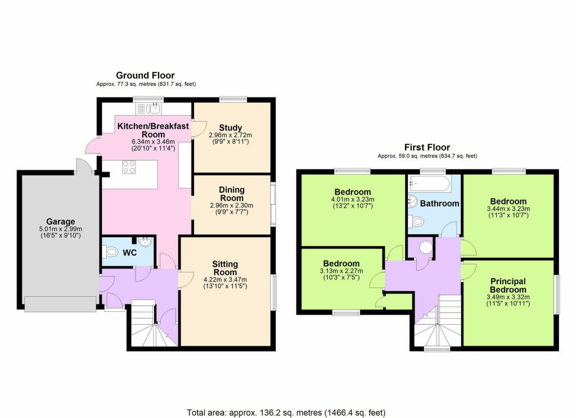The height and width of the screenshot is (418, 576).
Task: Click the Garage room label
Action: (x=60, y=221)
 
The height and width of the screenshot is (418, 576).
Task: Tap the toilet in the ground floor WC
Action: (x=110, y=252)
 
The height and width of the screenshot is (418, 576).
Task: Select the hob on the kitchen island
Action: (x=129, y=167)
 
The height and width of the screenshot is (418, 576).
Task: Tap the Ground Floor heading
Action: (x=145, y=75)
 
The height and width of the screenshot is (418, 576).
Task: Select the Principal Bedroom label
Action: (x=507, y=285)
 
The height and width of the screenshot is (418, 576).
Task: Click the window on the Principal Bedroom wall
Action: (x=558, y=294)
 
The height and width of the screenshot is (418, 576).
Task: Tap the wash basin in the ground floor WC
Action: (x=146, y=246)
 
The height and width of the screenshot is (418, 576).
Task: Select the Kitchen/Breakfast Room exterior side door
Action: (x=92, y=145)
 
